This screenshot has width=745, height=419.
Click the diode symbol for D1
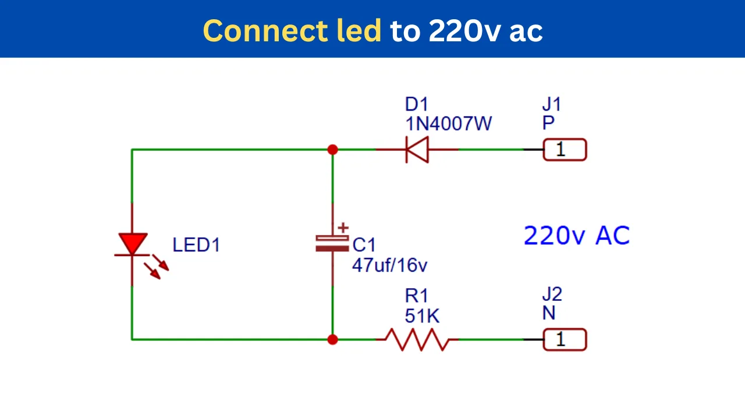[x=417, y=150]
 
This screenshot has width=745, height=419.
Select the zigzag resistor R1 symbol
[x=417, y=339]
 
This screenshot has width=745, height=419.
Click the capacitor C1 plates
[x=332, y=243]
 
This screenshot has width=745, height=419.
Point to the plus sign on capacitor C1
[x=343, y=228]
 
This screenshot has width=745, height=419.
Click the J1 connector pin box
[x=565, y=150]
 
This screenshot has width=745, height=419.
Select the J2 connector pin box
[x=565, y=339]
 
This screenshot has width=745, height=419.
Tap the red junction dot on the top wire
[x=332, y=150]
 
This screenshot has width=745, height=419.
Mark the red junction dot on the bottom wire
[x=332, y=339]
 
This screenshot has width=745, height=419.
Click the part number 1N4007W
[x=448, y=124]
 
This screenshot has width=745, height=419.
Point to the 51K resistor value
[x=422, y=315]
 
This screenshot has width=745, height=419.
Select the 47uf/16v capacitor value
[x=389, y=265]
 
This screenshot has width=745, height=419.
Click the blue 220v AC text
[x=577, y=236]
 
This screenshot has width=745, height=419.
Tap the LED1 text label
[x=196, y=245]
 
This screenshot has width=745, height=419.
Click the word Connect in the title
[x=265, y=31]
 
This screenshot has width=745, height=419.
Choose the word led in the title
[x=359, y=31]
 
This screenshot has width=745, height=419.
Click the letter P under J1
[x=548, y=123]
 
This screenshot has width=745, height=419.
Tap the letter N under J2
[x=549, y=313]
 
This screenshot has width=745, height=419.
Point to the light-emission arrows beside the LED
[x=157, y=267]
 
